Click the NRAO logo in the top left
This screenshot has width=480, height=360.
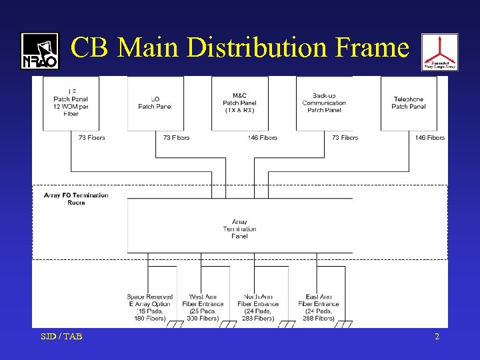coord(40,51)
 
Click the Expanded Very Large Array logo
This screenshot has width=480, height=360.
coord(439,53)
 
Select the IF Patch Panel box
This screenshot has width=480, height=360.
coord(71,103)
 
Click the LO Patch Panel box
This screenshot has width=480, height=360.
coord(155,103)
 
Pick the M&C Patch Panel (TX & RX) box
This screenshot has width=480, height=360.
coord(240,103)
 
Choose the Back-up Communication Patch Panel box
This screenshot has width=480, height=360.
coord(324,103)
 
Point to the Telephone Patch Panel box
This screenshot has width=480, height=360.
coord(409,103)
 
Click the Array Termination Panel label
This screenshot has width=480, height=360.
coord(240,229)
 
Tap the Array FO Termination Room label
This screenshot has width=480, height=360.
coord(76,199)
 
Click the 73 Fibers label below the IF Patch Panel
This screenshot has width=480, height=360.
coord(91,138)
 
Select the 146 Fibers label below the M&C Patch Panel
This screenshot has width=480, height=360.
coord(262,138)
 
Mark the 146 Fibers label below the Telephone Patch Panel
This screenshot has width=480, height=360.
coord(430,138)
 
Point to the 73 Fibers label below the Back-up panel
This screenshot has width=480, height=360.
coord(345,138)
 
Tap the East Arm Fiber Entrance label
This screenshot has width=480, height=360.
coord(318,307)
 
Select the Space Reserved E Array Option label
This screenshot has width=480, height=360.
coord(150,307)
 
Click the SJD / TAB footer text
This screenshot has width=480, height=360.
coord(61,337)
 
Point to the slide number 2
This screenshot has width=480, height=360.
coord(437,337)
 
